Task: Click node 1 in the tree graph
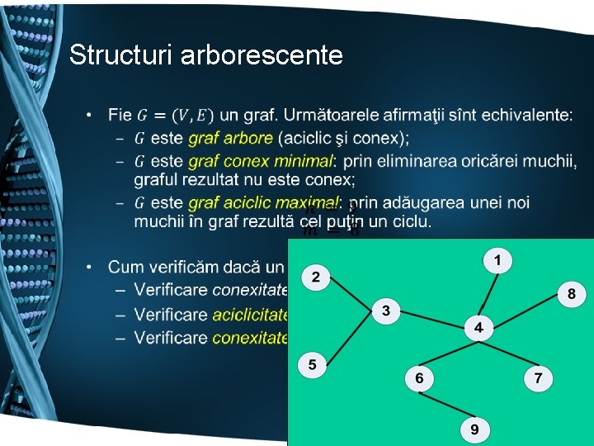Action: click(x=497, y=261)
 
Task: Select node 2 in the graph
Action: click(x=315, y=276)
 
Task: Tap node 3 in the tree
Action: click(x=385, y=311)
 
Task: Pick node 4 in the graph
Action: click(x=478, y=328)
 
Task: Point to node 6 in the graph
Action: click(x=420, y=378)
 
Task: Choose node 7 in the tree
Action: click(x=538, y=378)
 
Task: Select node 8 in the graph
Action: click(x=571, y=294)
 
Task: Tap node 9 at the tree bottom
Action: click(x=474, y=429)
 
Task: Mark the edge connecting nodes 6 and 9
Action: click(x=446, y=403)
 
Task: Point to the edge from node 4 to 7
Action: click(x=509, y=353)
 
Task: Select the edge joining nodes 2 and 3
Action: click(x=350, y=293)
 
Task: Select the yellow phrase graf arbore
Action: click(x=230, y=138)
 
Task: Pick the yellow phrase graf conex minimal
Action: click(x=261, y=159)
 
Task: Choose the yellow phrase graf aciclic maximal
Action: click(x=263, y=203)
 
